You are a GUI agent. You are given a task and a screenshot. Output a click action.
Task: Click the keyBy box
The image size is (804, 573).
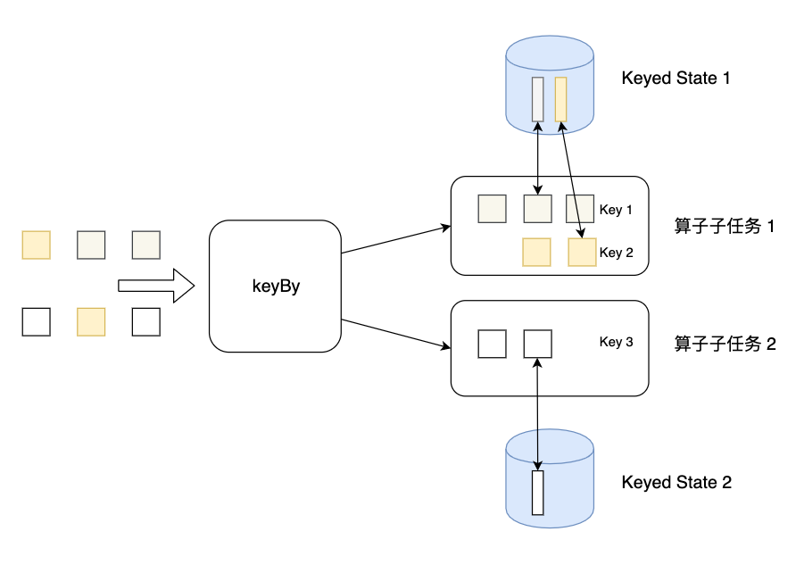(275, 286)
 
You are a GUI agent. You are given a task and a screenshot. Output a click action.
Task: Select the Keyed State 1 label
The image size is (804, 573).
(676, 79)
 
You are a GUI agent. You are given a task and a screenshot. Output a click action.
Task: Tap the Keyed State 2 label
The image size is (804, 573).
(676, 483)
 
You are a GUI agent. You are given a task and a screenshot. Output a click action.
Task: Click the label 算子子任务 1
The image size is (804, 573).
(725, 226)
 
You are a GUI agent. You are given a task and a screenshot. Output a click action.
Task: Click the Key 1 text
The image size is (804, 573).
(616, 211)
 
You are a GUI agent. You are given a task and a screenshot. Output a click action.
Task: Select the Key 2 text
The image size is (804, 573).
(616, 253)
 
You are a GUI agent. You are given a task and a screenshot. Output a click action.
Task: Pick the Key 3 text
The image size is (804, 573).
(616, 342)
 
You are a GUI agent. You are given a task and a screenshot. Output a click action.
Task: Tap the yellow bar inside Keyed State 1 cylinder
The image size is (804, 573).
(560, 99)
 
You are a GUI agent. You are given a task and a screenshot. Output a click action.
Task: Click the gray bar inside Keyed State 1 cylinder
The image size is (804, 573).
(537, 99)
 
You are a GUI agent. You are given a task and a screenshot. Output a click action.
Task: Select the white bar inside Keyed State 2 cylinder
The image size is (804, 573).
(537, 493)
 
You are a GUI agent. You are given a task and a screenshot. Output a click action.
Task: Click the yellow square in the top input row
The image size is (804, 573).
(36, 245)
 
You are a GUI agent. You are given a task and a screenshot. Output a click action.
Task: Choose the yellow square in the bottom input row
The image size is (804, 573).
(91, 321)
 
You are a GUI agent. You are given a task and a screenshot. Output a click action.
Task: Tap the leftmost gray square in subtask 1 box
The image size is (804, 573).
(492, 209)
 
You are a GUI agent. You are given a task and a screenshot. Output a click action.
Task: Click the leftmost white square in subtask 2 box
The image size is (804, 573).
(492, 344)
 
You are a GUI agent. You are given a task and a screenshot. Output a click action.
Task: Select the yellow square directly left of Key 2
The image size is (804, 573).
(582, 253)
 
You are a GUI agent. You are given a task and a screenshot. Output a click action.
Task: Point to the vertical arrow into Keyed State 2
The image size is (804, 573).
(537, 411)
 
